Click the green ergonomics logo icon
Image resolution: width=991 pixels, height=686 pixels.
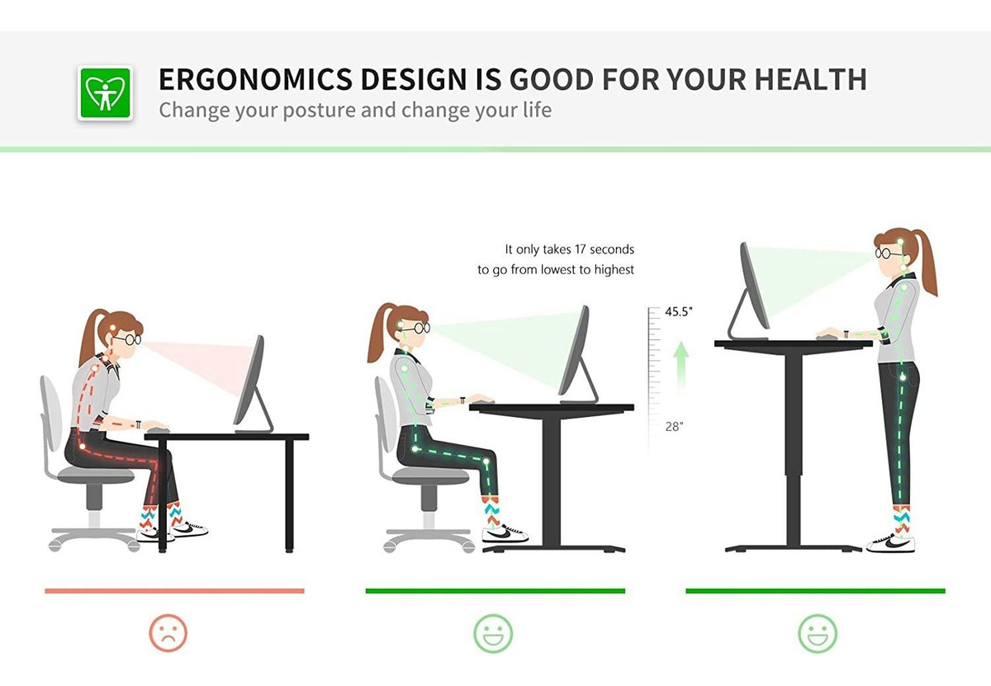pyautogui.click(x=105, y=93)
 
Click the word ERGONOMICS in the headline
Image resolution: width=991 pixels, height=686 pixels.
pyautogui.click(x=255, y=79)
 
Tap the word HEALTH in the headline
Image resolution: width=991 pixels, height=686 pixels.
pyautogui.click(x=810, y=79)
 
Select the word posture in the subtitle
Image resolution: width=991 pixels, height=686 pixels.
pyautogui.click(x=319, y=111)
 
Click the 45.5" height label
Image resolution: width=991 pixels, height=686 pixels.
pyautogui.click(x=678, y=312)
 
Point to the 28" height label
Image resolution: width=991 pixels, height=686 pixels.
pyautogui.click(x=674, y=427)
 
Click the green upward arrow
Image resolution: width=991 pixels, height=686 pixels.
pyautogui.click(x=680, y=367)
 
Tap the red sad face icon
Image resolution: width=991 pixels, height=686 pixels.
pyautogui.click(x=168, y=633)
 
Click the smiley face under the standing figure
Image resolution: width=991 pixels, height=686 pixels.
pyautogui.click(x=817, y=633)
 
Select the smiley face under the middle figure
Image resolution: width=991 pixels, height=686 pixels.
pyautogui.click(x=493, y=633)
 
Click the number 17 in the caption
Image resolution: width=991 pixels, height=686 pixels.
pyautogui.click(x=580, y=249)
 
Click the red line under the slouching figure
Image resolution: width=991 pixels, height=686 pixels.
pyautogui.click(x=174, y=591)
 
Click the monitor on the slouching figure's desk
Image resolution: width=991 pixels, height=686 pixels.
pyautogui.click(x=253, y=384)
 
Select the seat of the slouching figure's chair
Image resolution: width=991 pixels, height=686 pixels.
pyautogui.click(x=96, y=475)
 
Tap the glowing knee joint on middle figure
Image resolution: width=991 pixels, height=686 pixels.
pyautogui.click(x=486, y=461)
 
